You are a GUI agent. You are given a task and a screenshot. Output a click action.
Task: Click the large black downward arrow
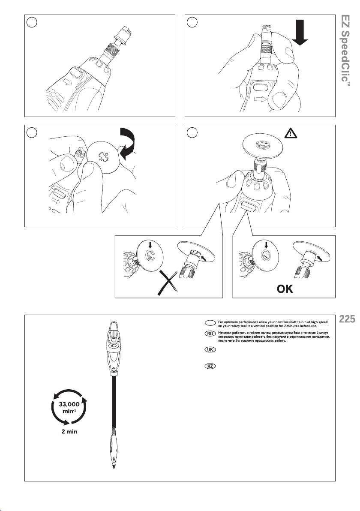coord(300,33)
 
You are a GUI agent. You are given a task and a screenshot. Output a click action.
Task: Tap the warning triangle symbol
coord(290,133)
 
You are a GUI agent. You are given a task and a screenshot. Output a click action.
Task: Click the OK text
coord(285,289)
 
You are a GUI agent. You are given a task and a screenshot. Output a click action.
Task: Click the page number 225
coord(347,319)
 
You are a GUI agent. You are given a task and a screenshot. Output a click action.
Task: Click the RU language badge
coord(210,334)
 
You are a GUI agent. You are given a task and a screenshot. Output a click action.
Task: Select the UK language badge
coord(210,349)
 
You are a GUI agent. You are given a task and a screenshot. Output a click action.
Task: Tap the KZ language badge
coord(210,366)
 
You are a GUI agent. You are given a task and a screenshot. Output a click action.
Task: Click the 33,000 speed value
coord(69,404)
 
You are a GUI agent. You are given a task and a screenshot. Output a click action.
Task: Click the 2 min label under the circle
coord(69,432)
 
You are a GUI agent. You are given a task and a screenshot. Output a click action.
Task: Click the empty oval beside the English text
coord(210,323)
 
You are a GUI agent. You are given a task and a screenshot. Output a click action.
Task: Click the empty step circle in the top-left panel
coord(32,22)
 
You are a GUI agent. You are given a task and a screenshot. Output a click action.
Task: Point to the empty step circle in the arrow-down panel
coord(192,22)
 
